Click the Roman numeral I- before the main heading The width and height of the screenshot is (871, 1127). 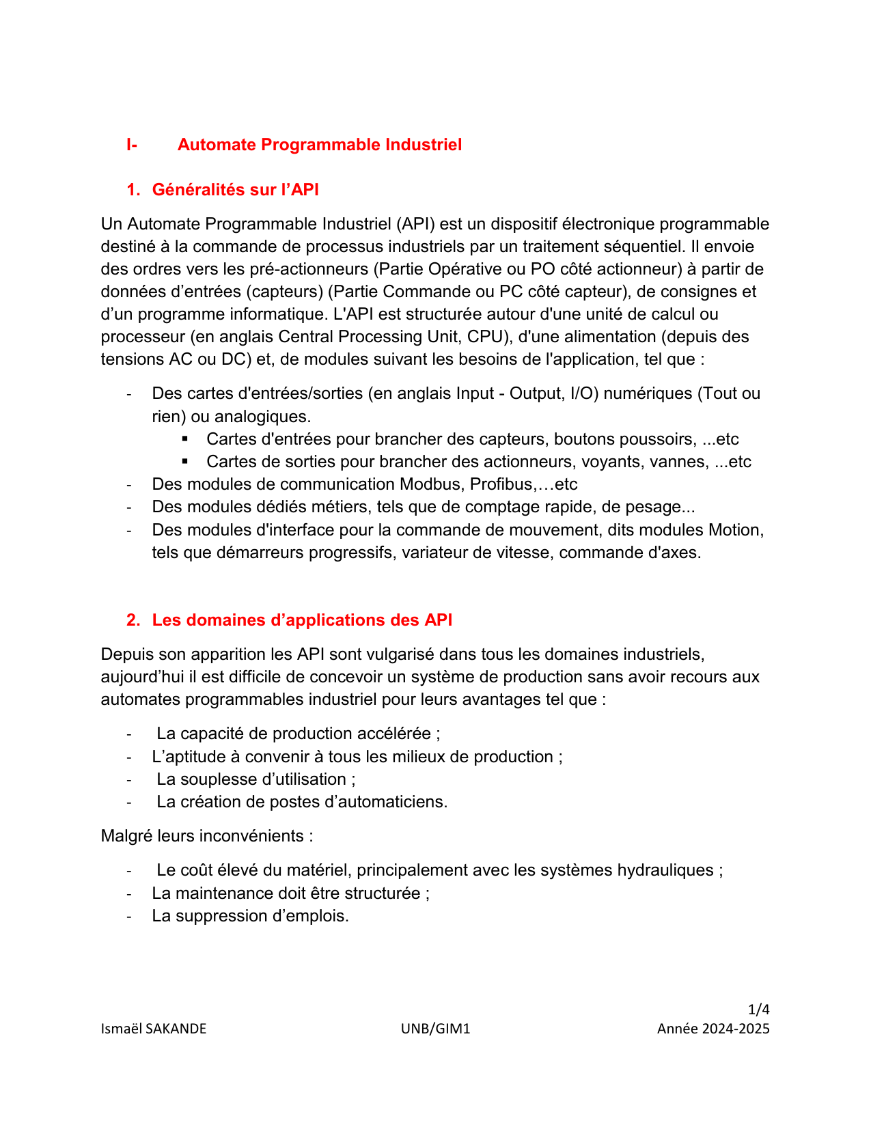pyautogui.click(x=132, y=145)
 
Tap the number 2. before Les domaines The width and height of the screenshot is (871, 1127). pyautogui.click(x=133, y=620)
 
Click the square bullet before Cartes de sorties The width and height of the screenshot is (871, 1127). pyautogui.click(x=184, y=461)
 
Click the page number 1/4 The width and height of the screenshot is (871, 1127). pyautogui.click(x=759, y=1010)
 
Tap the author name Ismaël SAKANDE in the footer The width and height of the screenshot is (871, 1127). pyautogui.click(x=154, y=1029)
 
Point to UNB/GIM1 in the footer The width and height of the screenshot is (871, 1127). pyautogui.click(x=436, y=1029)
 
